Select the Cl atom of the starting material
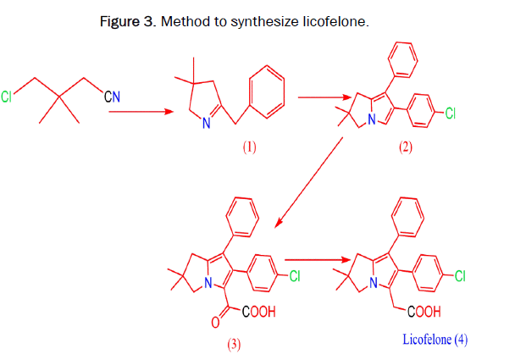pos(8,97)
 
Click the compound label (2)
pos(405,147)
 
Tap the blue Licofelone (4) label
pos(435,340)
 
